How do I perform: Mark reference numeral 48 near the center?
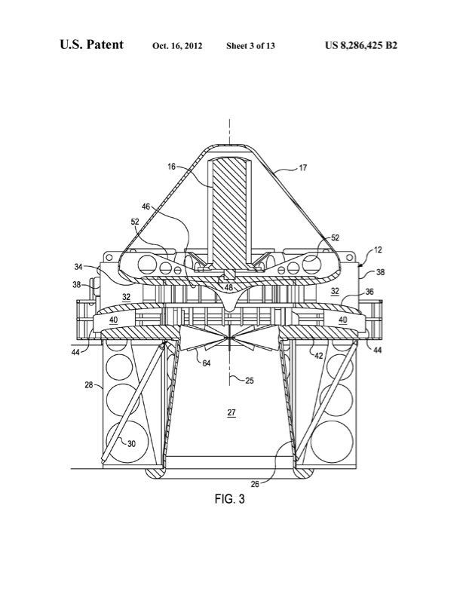[226, 286]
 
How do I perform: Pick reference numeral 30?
[131, 444]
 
